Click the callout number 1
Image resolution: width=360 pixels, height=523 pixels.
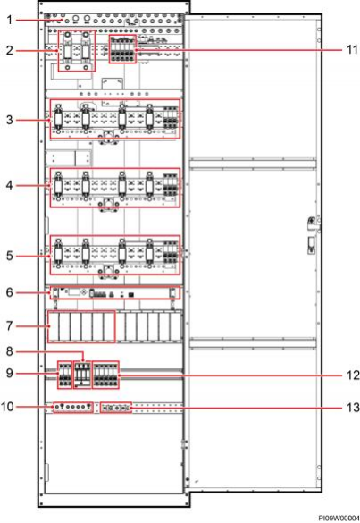pos(10,20)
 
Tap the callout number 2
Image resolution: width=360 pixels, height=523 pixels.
pos(10,50)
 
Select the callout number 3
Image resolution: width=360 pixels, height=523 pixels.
pos(10,120)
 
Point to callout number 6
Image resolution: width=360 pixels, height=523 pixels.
pos(10,292)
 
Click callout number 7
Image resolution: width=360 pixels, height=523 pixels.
pos(10,325)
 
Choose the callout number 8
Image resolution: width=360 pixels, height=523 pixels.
pos(10,351)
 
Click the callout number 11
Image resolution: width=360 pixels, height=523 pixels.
pos(352,50)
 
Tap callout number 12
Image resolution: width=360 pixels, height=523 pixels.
pos(353,375)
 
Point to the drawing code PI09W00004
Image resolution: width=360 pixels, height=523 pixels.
pos(339,518)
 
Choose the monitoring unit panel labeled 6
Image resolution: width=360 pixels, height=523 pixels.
pos(114,293)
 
